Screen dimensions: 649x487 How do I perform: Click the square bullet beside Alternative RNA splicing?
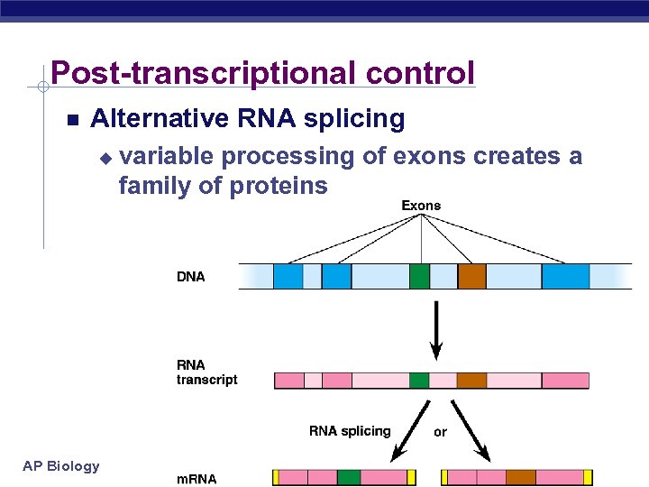73,120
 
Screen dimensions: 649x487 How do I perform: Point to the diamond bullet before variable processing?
105,158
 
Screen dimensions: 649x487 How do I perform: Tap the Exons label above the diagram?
421,206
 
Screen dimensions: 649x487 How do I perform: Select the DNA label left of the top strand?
191,277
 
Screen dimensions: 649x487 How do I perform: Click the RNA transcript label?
206,372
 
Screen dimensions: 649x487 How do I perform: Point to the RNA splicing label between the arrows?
350,431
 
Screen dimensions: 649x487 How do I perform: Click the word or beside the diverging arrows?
440,432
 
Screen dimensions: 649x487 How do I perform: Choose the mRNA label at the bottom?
197,479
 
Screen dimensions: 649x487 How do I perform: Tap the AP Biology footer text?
61,465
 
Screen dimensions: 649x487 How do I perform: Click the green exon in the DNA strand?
419,276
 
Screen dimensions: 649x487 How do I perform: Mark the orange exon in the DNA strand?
471,276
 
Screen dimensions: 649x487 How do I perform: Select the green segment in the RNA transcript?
419,380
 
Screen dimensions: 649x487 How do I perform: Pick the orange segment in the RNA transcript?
471,380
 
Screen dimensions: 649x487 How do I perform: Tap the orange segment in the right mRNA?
520,477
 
